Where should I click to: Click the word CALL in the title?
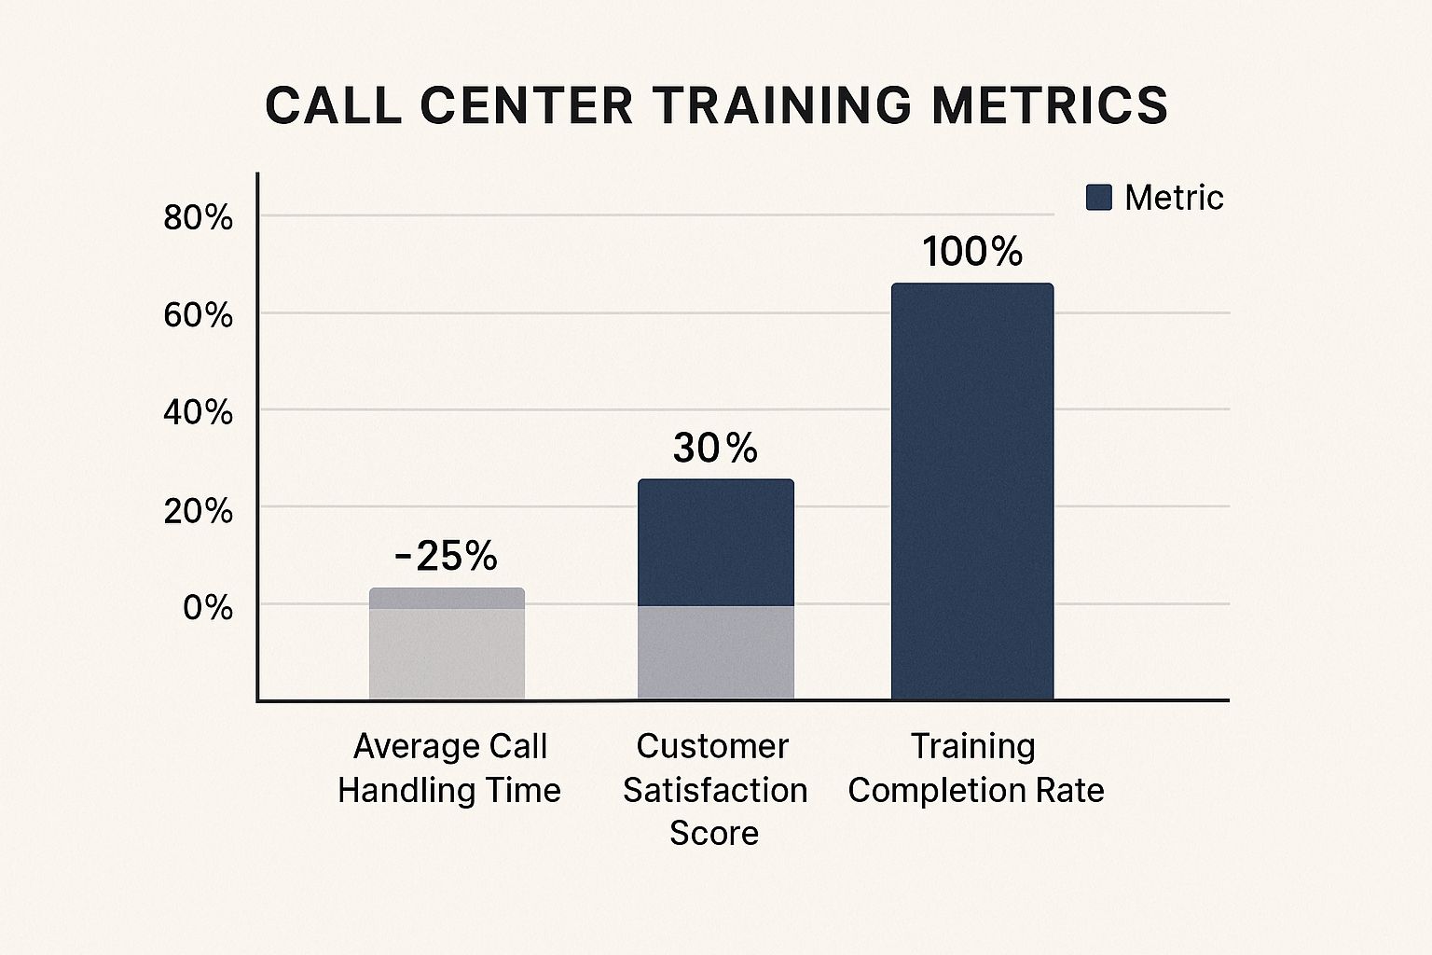[x=333, y=105]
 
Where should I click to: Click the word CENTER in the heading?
[x=527, y=105]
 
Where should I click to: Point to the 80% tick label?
[x=198, y=218]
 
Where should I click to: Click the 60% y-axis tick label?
[x=198, y=315]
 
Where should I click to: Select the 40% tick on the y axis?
[x=198, y=412]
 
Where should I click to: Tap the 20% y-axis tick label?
[x=198, y=510]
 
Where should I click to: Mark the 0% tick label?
[x=207, y=607]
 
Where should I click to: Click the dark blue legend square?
[x=1099, y=197]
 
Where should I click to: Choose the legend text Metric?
[x=1173, y=197]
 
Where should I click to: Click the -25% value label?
[x=446, y=557]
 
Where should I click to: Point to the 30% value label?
[x=715, y=449]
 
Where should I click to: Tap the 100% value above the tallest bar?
[x=972, y=252]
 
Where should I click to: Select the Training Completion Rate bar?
[x=972, y=491]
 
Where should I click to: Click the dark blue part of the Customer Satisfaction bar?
[x=715, y=542]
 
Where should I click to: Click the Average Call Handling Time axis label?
[x=449, y=768]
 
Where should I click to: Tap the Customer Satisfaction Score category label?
[x=714, y=789]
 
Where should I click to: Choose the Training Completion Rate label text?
[x=975, y=768]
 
